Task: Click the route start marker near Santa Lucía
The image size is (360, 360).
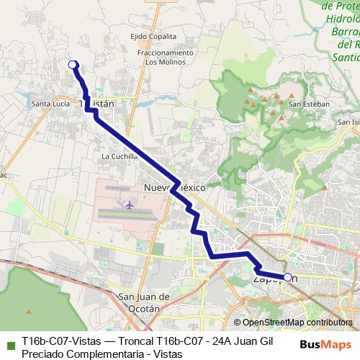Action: [x=73, y=66]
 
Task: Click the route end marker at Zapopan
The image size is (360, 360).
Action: [x=287, y=277]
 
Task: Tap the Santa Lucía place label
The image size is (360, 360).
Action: [x=51, y=104]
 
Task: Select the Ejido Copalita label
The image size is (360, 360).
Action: [x=153, y=35]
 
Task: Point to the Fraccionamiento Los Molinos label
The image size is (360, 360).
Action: [x=168, y=57]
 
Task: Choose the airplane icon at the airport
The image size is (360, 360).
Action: [x=130, y=205]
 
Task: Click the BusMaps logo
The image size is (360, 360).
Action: [x=330, y=344]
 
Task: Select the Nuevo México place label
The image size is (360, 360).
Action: [x=176, y=186]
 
